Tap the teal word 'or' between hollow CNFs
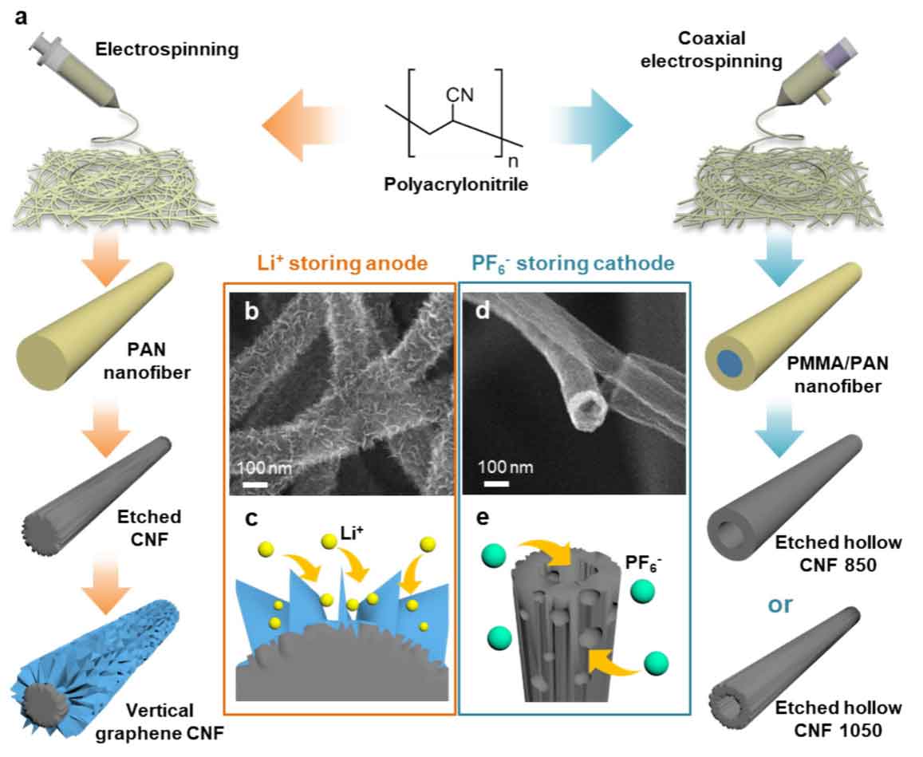point(779,604)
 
